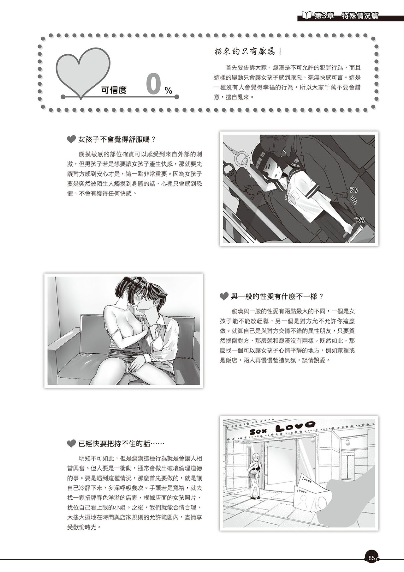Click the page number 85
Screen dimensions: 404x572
[371, 558]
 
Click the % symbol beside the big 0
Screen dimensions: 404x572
[168, 91]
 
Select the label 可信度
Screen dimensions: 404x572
[114, 90]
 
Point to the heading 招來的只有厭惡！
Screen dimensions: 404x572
[248, 51]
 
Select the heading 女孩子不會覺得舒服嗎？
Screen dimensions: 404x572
[117, 139]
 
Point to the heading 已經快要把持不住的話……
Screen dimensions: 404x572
[121, 444]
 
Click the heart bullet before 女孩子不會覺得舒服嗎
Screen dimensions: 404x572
[72, 139]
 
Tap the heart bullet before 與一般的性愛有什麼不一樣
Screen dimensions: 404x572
[224, 296]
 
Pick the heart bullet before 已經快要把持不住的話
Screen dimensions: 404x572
[72, 444]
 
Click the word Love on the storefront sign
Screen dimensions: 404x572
[295, 428]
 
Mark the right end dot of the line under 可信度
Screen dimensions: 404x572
[176, 96]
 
